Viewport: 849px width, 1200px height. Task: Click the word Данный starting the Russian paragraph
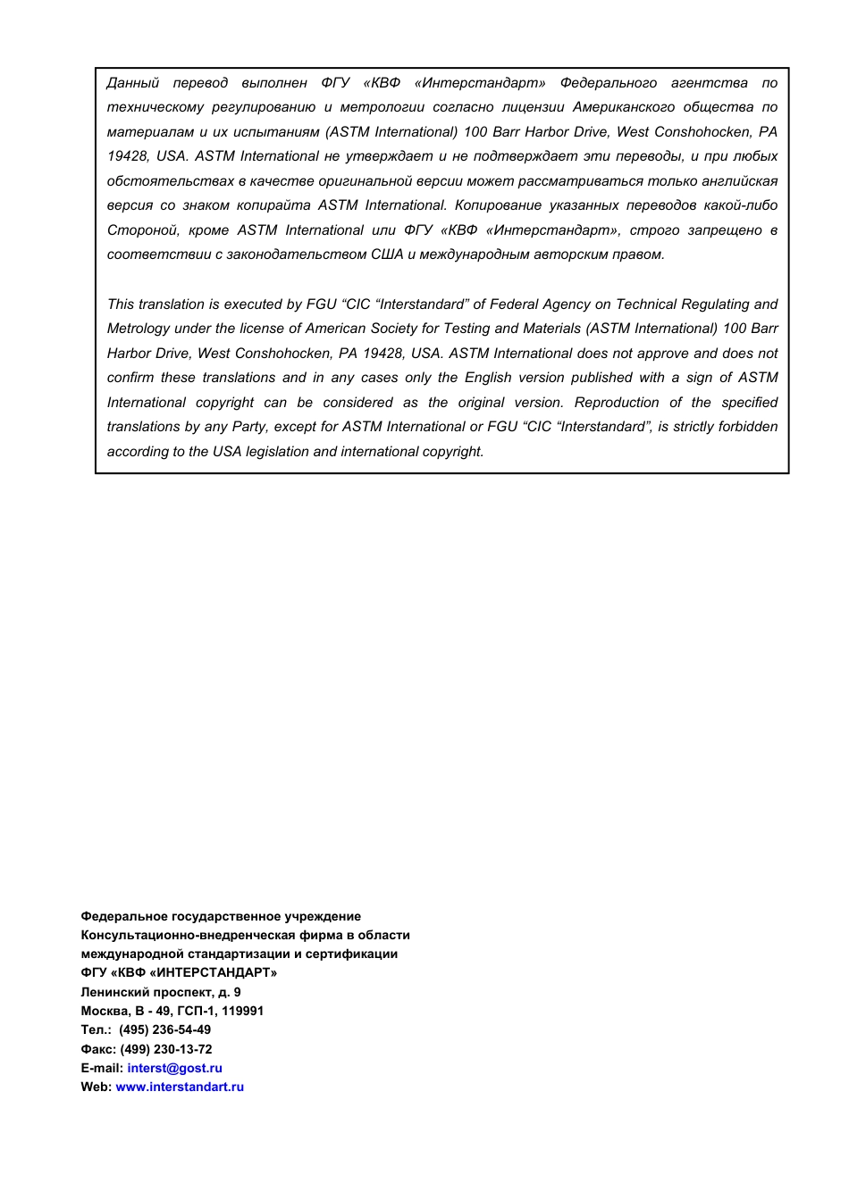point(132,83)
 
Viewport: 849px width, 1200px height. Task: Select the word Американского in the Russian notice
point(623,107)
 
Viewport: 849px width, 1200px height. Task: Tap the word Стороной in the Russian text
point(142,230)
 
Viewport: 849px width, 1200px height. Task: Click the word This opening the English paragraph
point(121,304)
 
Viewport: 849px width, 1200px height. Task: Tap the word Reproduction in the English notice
point(616,403)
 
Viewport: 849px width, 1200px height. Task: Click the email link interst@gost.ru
point(174,1068)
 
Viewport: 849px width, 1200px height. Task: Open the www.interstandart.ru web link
point(180,1087)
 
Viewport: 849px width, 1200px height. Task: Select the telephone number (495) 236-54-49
point(165,1029)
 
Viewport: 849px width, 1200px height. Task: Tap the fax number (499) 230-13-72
point(166,1049)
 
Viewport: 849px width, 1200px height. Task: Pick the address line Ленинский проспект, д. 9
point(161,992)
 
